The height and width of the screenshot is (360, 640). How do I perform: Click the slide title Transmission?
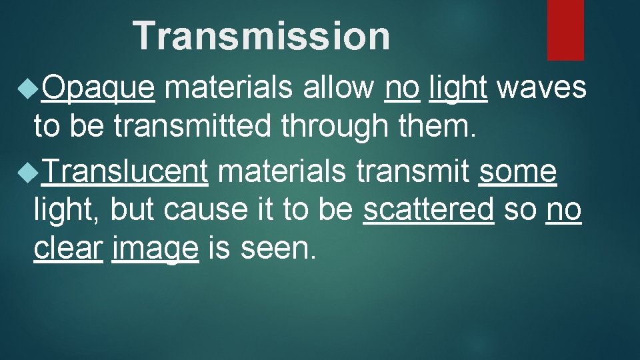coord(261,36)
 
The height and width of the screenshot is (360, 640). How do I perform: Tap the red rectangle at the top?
coord(565,29)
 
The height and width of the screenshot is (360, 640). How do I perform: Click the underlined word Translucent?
coord(125,172)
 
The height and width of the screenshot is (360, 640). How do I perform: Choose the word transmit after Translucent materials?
coord(413,172)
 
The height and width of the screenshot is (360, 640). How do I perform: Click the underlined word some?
coord(517,172)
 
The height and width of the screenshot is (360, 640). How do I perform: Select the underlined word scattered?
coord(429,211)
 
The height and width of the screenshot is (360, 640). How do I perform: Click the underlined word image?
coord(155,249)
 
